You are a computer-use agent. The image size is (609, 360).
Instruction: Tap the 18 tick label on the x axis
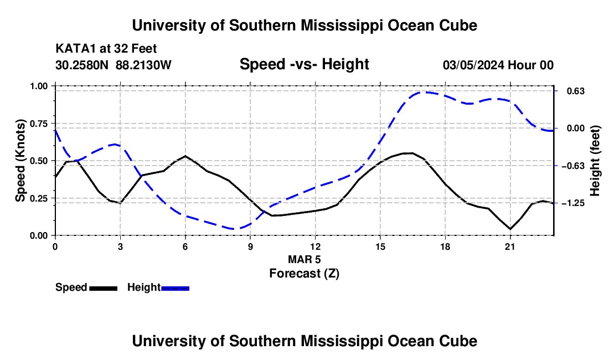[x=445, y=246]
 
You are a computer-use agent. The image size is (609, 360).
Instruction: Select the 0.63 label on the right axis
[x=576, y=91]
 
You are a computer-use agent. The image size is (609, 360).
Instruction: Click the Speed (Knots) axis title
[x=20, y=161]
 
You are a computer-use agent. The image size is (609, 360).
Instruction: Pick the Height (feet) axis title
[x=595, y=161]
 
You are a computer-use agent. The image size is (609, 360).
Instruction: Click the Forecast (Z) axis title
[x=304, y=274]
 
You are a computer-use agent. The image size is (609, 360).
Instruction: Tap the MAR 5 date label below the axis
[x=304, y=259]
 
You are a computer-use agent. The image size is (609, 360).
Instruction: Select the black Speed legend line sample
[x=104, y=288]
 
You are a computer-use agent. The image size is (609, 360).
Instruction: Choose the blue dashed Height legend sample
[x=175, y=288]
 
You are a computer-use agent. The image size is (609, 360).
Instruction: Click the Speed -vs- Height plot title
[x=304, y=64]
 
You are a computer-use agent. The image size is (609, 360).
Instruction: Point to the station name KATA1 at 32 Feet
[x=106, y=49]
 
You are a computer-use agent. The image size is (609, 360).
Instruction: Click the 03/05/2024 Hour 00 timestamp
[x=498, y=65]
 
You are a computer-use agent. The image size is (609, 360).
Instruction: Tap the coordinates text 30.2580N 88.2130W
[x=113, y=65]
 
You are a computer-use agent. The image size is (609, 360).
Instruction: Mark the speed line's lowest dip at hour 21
[x=510, y=229]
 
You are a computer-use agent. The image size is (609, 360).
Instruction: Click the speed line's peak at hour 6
[x=185, y=156]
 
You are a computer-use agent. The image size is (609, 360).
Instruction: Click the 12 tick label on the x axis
[x=316, y=246]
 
